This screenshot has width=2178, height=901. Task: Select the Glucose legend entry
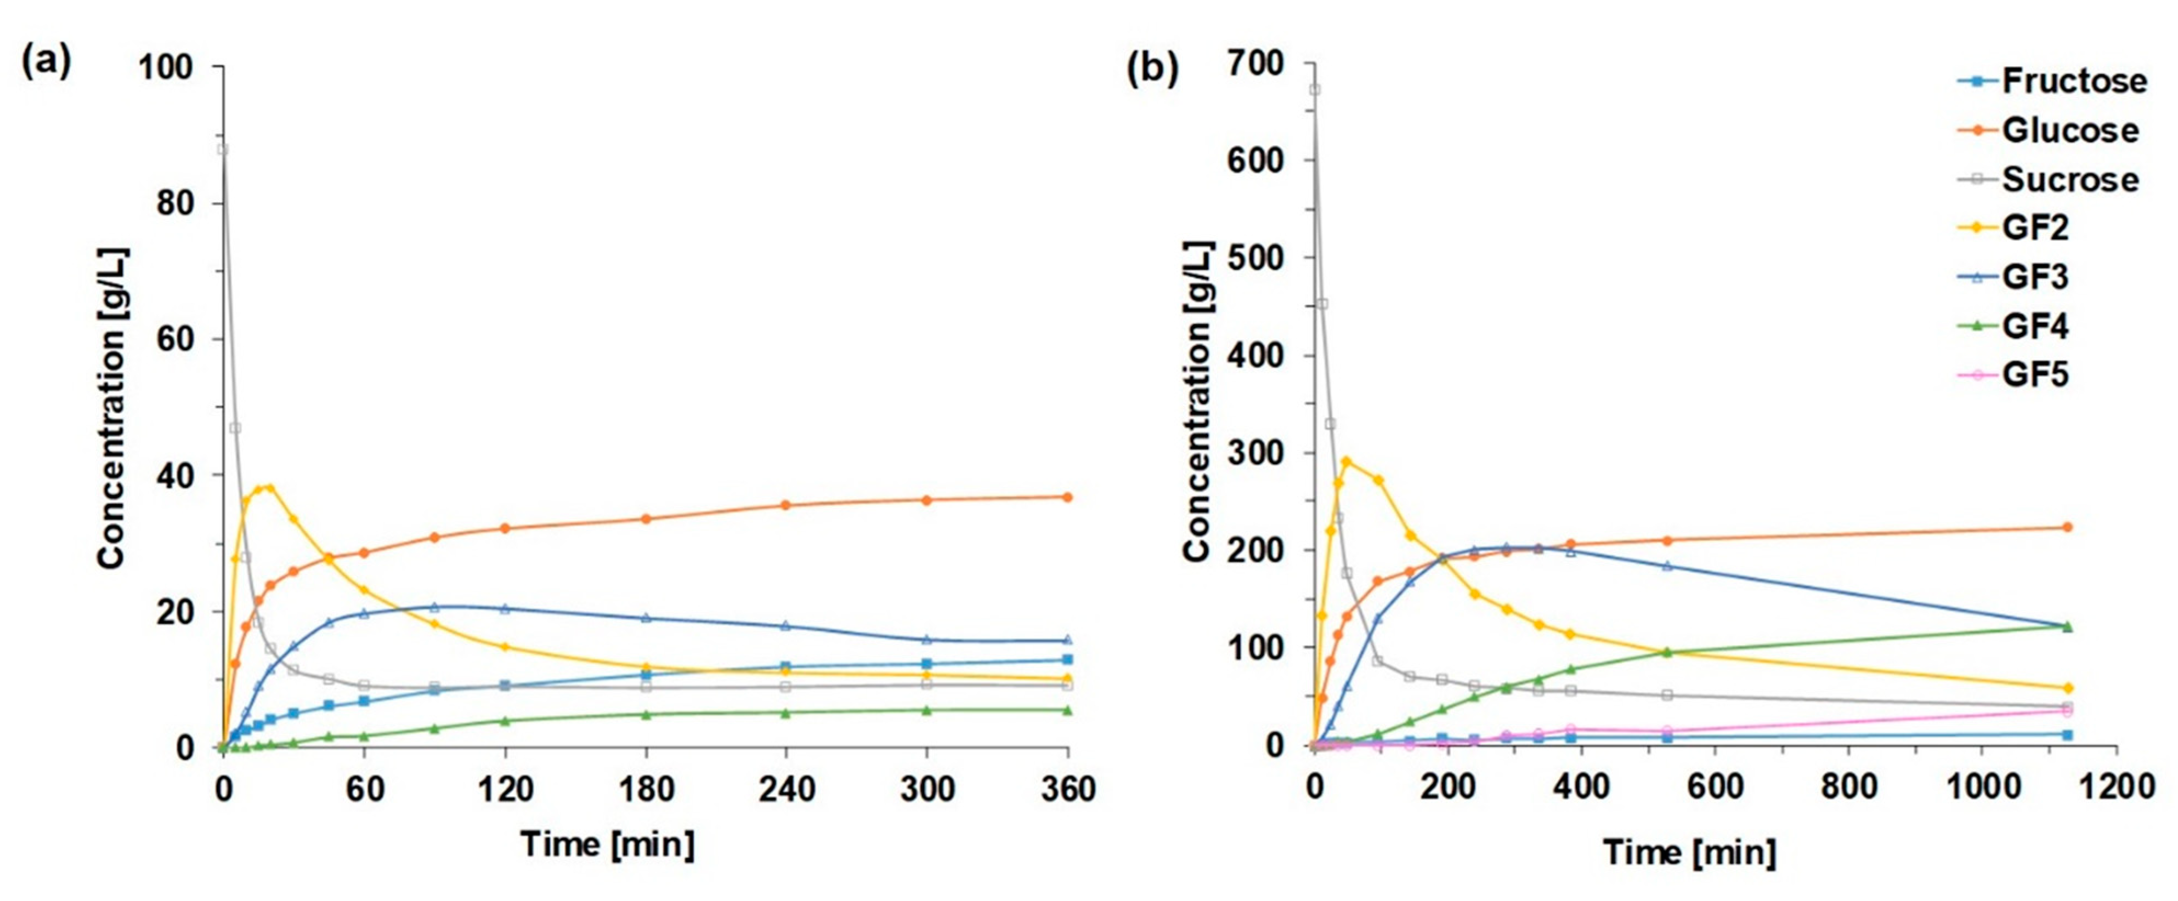[2069, 131]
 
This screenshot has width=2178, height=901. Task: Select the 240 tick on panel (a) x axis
[787, 789]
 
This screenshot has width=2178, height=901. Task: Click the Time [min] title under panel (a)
[607, 843]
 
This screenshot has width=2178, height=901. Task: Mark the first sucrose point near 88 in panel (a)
[222, 150]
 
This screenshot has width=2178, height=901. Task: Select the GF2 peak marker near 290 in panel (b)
[1347, 461]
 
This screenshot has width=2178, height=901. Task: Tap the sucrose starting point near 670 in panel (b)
[1315, 89]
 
